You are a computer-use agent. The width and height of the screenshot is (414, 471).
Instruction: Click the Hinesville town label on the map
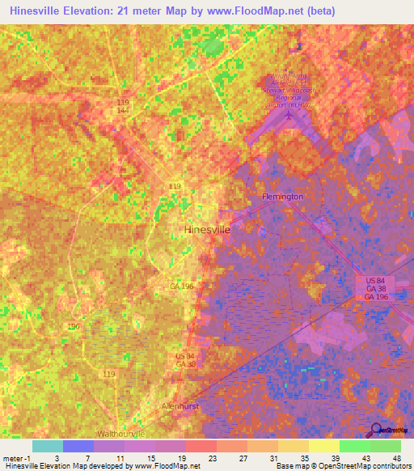[x=208, y=229]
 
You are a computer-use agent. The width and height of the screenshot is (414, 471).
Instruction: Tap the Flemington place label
[x=283, y=197]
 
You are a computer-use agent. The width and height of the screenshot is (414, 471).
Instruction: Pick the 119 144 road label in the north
[x=123, y=106]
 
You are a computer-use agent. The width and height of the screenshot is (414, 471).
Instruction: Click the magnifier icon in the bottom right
[x=375, y=429]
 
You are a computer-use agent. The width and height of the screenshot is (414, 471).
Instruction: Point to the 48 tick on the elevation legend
[x=395, y=458]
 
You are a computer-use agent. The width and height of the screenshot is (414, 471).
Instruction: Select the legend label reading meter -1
[x=17, y=458]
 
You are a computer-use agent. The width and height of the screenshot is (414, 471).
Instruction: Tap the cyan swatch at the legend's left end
[x=48, y=446]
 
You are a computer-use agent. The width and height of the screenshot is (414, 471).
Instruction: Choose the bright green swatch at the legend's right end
[x=386, y=446]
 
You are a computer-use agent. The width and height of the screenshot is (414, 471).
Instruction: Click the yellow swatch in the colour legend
[x=324, y=446]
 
